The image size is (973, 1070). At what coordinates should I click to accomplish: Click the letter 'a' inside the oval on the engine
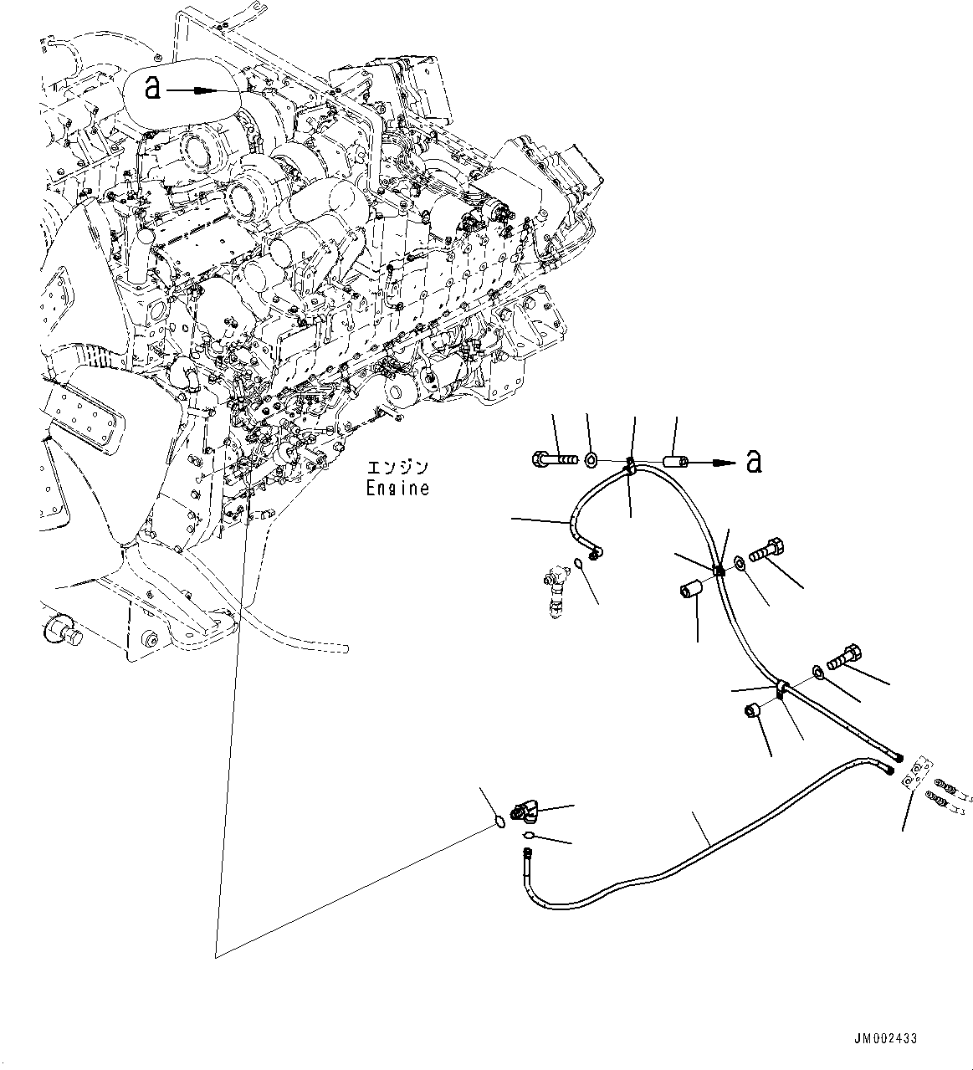(152, 86)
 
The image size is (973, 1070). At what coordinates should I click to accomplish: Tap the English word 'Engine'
(397, 488)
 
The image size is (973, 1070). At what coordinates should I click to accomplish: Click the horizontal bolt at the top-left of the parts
(554, 458)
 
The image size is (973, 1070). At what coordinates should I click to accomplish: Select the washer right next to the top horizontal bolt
(591, 459)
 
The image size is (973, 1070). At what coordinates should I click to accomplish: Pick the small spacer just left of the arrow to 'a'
(675, 460)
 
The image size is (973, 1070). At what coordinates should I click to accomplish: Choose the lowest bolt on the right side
(843, 654)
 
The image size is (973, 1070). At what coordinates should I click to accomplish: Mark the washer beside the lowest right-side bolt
(817, 671)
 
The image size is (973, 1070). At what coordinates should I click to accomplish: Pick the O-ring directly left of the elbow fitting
(498, 821)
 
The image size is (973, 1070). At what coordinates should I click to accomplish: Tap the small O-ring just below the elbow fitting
(528, 834)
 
